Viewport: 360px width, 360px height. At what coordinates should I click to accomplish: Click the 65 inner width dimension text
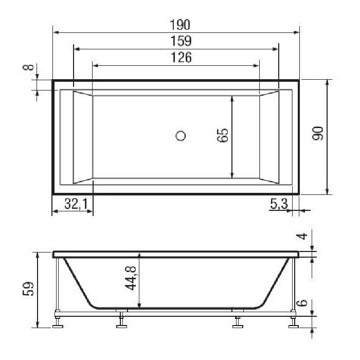[222, 137]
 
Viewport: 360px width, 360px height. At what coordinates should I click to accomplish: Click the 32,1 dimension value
[75, 204]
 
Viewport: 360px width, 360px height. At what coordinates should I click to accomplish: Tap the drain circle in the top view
[181, 136]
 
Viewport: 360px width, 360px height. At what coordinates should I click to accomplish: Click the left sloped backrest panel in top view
[83, 137]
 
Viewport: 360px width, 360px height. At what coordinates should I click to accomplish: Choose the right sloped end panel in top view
[269, 137]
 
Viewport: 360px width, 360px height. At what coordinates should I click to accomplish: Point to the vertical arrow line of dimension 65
[232, 154]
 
